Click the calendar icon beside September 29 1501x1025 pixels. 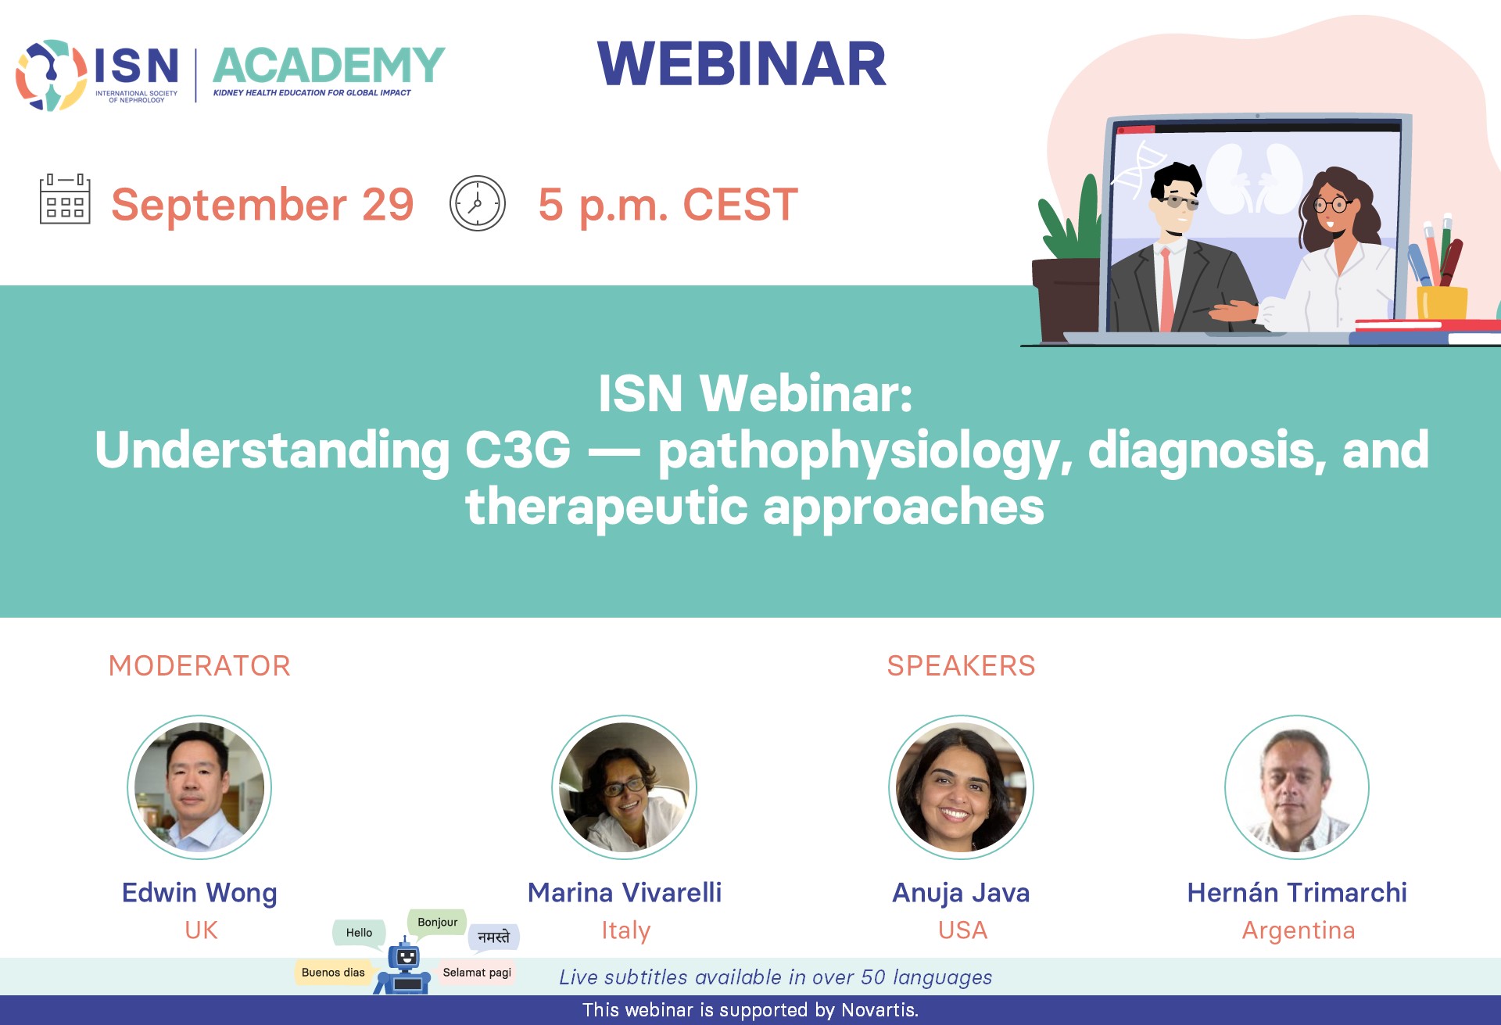[x=65, y=199]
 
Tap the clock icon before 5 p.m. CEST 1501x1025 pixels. [x=478, y=203]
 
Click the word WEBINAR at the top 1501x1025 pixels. [x=742, y=64]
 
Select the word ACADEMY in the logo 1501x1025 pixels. [x=328, y=66]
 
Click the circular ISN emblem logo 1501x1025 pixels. [x=52, y=75]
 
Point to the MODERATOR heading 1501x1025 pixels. [x=199, y=666]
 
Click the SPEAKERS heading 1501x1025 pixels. [x=961, y=666]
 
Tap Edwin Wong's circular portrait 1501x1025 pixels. [x=199, y=787]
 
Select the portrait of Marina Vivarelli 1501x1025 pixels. [x=624, y=787]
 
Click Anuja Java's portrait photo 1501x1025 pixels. [x=961, y=787]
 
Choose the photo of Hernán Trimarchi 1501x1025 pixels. [x=1297, y=787]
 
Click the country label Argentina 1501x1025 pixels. [x=1299, y=930]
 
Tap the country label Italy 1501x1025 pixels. [x=625, y=930]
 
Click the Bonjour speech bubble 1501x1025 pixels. [x=437, y=923]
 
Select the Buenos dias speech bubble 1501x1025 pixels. [x=333, y=973]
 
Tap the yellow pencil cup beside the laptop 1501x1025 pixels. [x=1442, y=303]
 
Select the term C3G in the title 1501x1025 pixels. [x=518, y=450]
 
